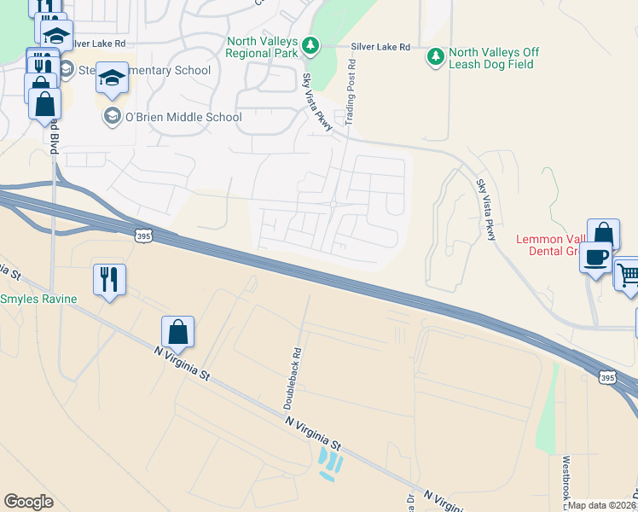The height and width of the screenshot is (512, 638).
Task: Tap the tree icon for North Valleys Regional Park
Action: (311, 44)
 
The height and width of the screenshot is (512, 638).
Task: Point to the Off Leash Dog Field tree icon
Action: (436, 57)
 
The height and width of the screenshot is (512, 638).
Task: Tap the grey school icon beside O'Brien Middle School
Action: (112, 114)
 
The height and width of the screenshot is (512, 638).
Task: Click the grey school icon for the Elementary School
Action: (66, 69)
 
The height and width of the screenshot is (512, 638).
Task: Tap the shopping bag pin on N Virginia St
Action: (177, 331)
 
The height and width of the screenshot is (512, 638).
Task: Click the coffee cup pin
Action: (596, 256)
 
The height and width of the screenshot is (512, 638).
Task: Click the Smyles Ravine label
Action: (38, 299)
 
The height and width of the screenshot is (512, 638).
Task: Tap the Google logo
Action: (28, 502)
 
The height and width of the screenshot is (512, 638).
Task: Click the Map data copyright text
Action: (602, 505)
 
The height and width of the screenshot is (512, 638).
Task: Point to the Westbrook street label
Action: (565, 478)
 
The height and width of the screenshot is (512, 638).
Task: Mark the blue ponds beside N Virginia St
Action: (330, 462)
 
